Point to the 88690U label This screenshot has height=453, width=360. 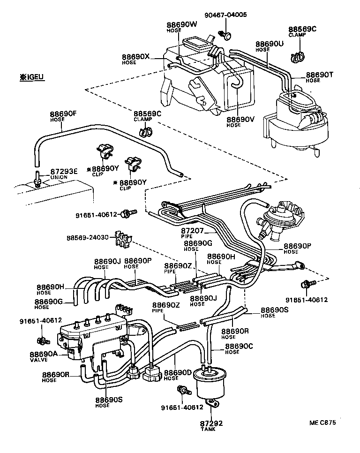click(270, 45)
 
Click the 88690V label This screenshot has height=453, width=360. click(240, 121)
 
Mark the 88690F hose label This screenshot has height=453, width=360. click(63, 115)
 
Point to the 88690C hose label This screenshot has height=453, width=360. click(239, 348)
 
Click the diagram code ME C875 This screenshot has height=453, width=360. click(322, 422)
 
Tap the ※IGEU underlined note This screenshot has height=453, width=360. click(31, 76)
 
